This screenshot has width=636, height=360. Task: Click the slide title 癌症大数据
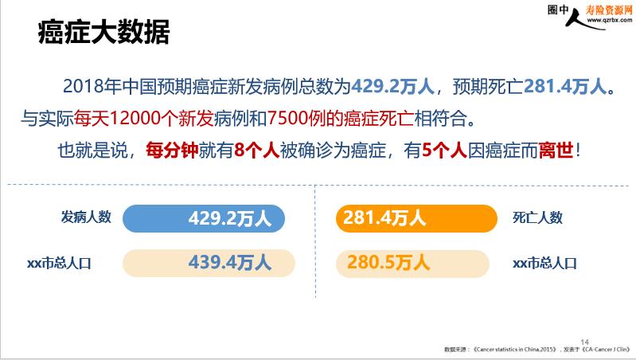(x=103, y=32)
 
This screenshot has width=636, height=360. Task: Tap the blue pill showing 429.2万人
(x=204, y=218)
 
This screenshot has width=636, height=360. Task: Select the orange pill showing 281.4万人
(x=416, y=218)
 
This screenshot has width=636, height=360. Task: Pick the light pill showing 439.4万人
(x=209, y=263)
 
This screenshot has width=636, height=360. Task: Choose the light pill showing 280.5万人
(x=412, y=264)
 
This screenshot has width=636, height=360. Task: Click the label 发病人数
(x=86, y=217)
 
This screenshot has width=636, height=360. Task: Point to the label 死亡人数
(x=537, y=217)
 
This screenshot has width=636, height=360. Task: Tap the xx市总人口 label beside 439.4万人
(x=59, y=264)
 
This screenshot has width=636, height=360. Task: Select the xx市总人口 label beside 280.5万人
(x=544, y=264)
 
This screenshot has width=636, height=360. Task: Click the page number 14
(x=584, y=342)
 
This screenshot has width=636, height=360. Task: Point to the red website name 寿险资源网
(x=608, y=10)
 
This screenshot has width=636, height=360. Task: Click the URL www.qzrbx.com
(x=609, y=20)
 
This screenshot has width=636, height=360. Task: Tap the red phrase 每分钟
(x=172, y=151)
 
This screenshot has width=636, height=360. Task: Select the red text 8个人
(x=257, y=151)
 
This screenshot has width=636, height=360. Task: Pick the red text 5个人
(x=444, y=151)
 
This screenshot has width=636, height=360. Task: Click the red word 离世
(x=556, y=151)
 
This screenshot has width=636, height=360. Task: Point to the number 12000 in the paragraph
(x=135, y=118)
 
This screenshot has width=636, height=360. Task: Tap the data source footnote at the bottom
(x=537, y=350)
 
